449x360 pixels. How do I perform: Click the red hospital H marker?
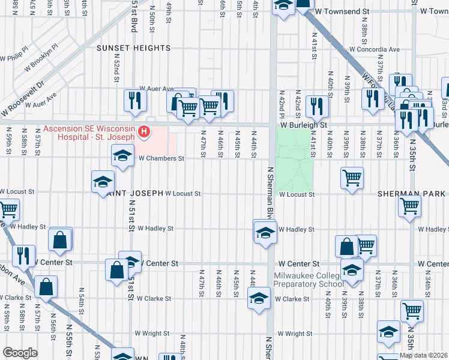pyautogui.click(x=144, y=131)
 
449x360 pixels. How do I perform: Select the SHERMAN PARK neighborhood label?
pyautogui.click(x=411, y=194)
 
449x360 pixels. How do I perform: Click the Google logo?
pyautogui.click(x=20, y=353)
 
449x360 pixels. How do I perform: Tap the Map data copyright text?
pyautogui.click(x=424, y=355)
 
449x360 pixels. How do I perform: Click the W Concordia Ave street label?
pyautogui.click(x=374, y=49)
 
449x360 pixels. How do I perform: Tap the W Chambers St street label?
pyautogui.click(x=161, y=159)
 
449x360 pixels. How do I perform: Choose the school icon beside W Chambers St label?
pyautogui.click(x=122, y=157)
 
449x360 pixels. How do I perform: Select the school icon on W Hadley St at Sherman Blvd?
pyautogui.click(x=265, y=232)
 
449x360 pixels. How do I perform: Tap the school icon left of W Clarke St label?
pyautogui.click(x=258, y=298)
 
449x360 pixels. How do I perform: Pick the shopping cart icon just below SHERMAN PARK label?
pyautogui.click(x=410, y=206)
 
